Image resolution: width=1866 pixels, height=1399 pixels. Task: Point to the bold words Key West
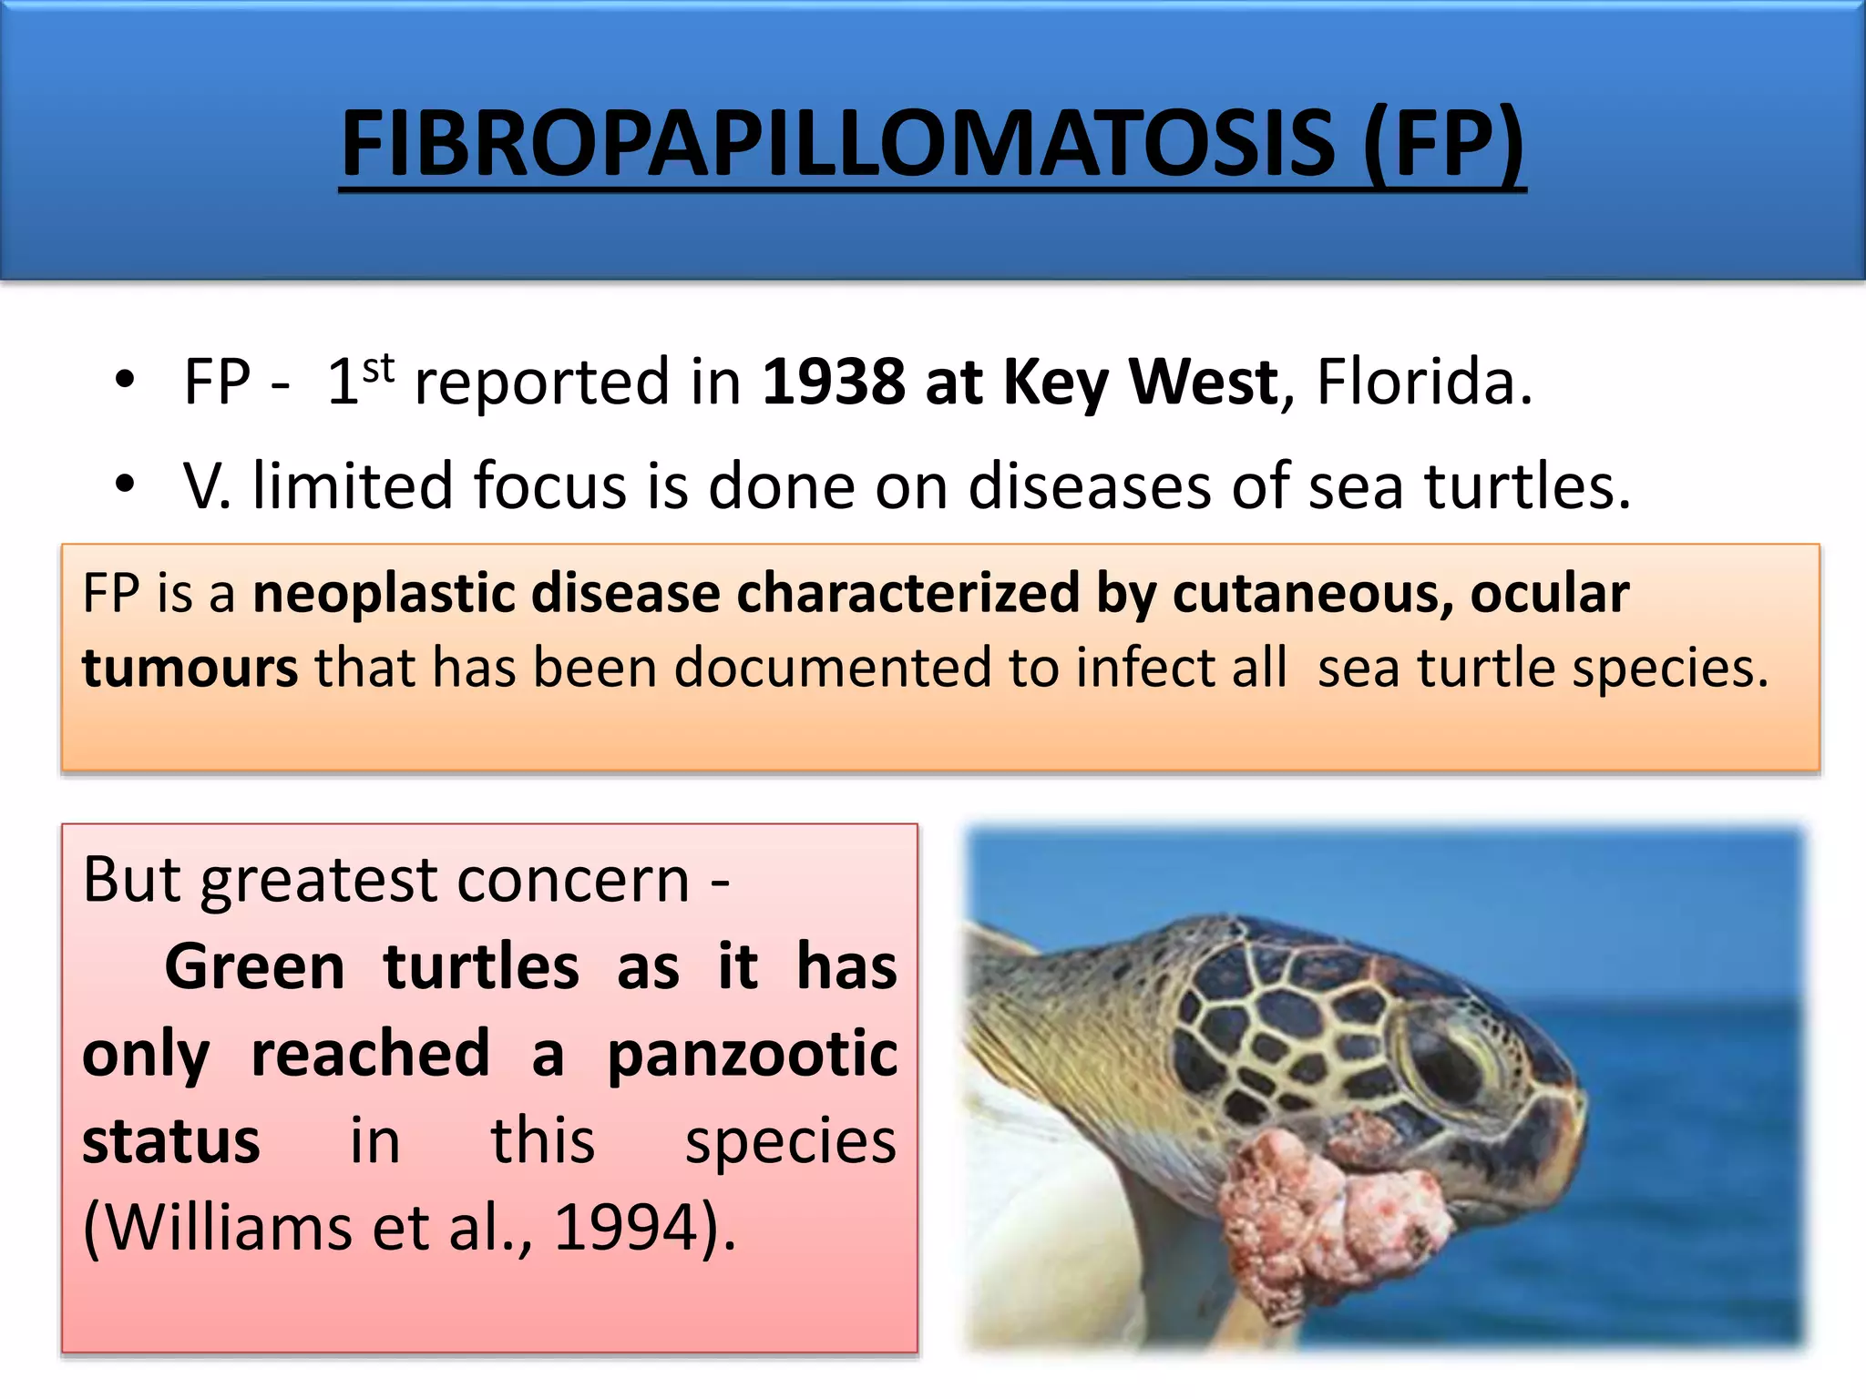tap(1141, 383)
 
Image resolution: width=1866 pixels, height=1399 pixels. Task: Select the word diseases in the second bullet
tap(1090, 485)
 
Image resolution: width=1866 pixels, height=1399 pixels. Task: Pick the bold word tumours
tap(190, 668)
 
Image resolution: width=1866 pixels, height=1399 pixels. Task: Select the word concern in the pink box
tap(573, 880)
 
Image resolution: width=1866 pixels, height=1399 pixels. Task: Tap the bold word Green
tap(254, 966)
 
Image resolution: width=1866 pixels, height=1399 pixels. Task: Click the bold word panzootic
tap(753, 1054)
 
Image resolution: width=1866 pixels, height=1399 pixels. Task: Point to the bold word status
tap(170, 1141)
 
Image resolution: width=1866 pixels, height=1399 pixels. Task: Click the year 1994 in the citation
tap(626, 1228)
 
